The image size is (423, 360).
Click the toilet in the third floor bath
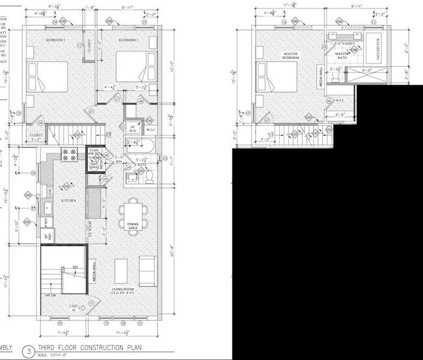click(x=148, y=176)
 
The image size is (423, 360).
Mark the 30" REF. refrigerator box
click(x=46, y=238)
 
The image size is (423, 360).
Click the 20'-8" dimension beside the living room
click(x=171, y=249)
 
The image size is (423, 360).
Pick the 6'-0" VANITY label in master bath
click(x=342, y=44)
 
